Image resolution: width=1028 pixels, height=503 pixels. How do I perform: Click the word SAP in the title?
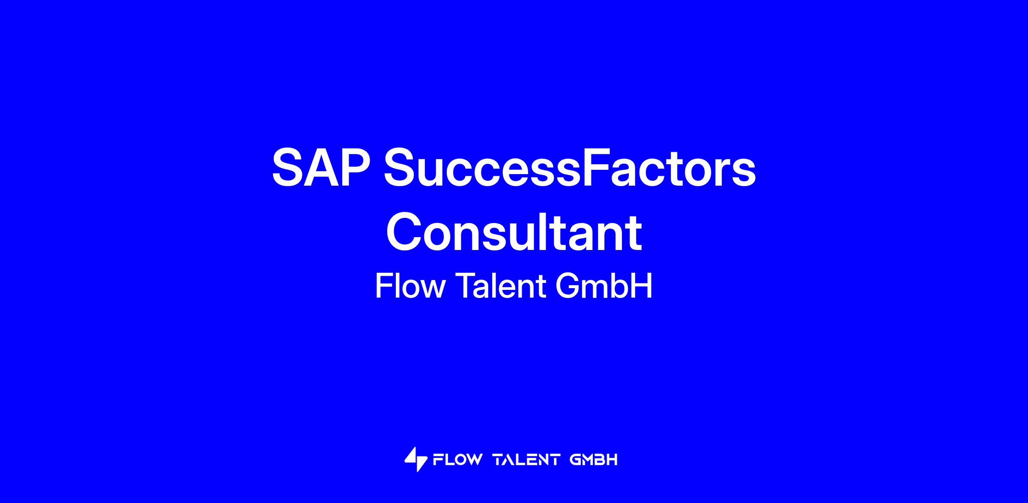321,167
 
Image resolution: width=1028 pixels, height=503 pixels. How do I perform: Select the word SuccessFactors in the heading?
570,167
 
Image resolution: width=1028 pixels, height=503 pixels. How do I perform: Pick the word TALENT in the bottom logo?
526,460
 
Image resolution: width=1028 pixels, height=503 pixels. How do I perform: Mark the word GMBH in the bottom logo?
594,460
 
